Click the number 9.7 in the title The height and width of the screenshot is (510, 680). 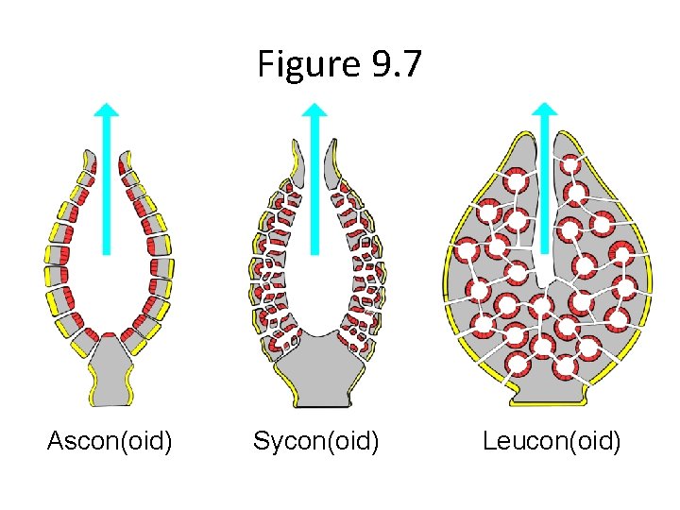(x=395, y=65)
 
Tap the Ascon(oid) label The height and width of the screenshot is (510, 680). (x=110, y=440)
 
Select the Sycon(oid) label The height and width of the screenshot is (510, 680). (x=315, y=440)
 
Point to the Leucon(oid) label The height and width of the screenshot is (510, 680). (x=552, y=440)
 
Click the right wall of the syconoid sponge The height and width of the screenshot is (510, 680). (x=364, y=274)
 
